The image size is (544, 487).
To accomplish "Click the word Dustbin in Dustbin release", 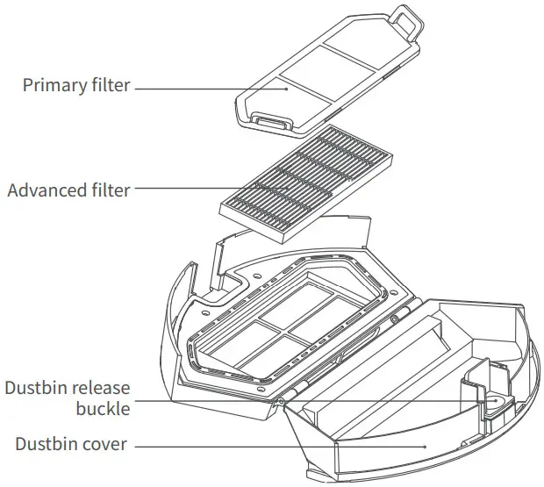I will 32,389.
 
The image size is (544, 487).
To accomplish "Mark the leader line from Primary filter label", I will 211,87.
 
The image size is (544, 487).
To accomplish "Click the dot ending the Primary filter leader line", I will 285,86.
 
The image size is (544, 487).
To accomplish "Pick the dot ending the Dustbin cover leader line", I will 425,445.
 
